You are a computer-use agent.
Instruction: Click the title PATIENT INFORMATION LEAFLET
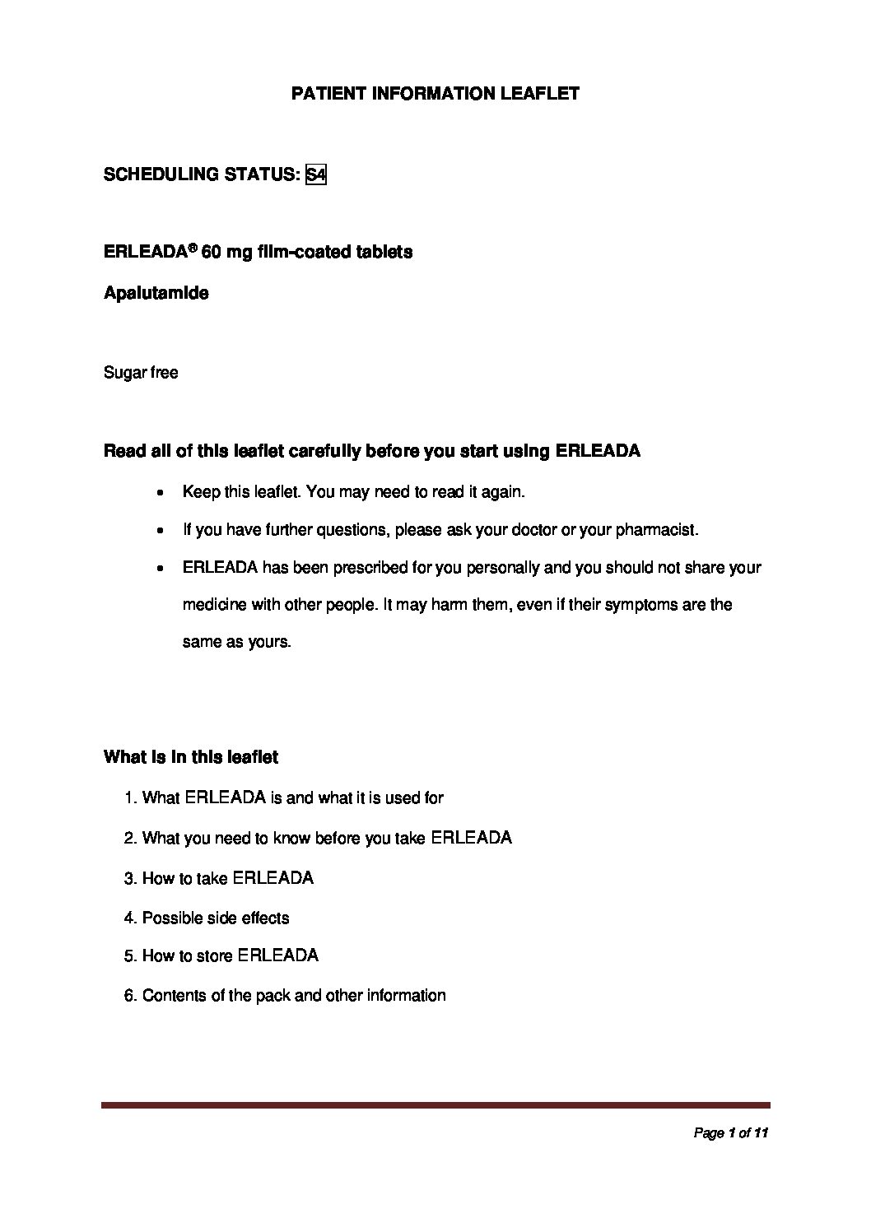pyautogui.click(x=435, y=94)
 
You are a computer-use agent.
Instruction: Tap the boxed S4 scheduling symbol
pyautogui.click(x=315, y=174)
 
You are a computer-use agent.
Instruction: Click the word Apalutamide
pyautogui.click(x=156, y=293)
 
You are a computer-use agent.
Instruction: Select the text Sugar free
pyautogui.click(x=141, y=373)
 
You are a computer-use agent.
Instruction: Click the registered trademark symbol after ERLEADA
pyautogui.click(x=193, y=247)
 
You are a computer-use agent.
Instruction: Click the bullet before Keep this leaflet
pyautogui.click(x=162, y=493)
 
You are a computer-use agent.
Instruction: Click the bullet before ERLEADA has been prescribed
pyautogui.click(x=162, y=569)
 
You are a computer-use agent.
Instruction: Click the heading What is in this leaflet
pyautogui.click(x=191, y=757)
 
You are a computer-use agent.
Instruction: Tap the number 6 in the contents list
pyautogui.click(x=129, y=996)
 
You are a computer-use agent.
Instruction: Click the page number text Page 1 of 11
pyautogui.click(x=730, y=1133)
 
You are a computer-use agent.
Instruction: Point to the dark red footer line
pyautogui.click(x=435, y=1105)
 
